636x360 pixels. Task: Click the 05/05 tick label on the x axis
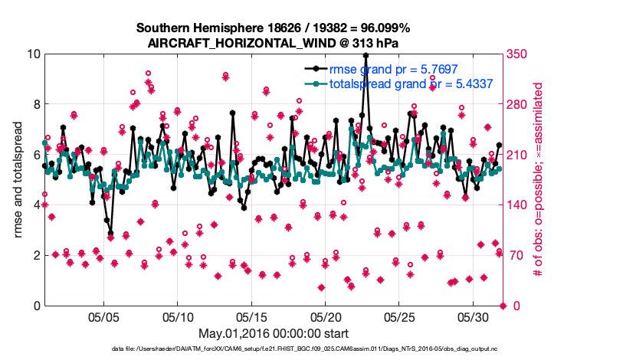[x=104, y=317]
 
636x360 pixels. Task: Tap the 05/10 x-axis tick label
[x=178, y=317]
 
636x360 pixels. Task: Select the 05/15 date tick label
[x=251, y=317]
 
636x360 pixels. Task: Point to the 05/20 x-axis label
[x=325, y=317]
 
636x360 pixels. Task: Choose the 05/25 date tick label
[x=399, y=317]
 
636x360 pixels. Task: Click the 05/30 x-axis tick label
[x=473, y=317]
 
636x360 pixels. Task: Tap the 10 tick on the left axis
[x=34, y=54]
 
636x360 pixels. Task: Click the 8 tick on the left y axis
[x=37, y=104]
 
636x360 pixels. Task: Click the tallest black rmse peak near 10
[x=366, y=55]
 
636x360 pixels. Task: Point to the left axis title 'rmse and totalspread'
[x=18, y=179]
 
